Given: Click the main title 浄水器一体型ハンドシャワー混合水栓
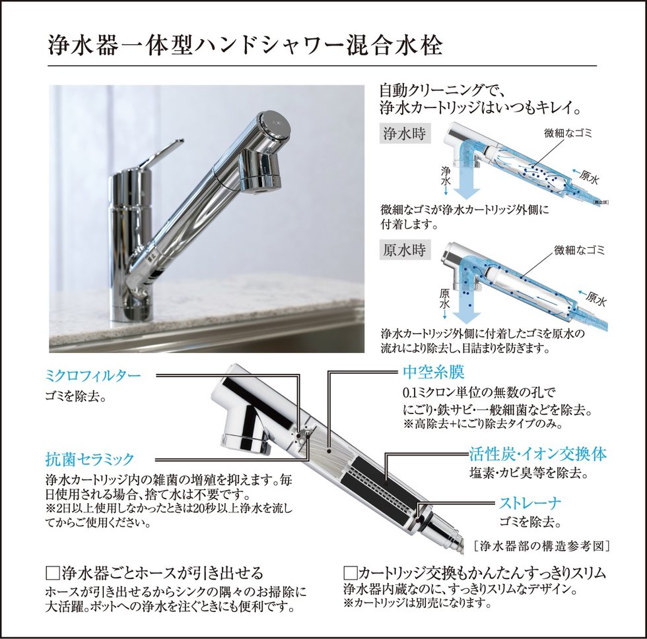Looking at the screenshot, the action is pos(245,46).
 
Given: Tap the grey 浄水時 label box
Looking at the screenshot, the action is pos(405,134).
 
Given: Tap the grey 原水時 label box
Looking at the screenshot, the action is pos(405,250).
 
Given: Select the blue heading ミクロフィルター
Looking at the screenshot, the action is pos(93,376).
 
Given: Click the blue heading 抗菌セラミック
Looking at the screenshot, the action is pos(90,459).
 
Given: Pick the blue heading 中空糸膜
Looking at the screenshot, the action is pos(434,373).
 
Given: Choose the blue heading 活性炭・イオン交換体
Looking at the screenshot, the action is pos(537,454).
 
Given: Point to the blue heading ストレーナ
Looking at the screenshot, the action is pos(530,503).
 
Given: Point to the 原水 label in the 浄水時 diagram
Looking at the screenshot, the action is pos(589,177).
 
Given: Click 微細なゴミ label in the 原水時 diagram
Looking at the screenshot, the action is pos(580,250).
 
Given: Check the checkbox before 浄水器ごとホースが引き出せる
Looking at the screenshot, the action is pos(52,574).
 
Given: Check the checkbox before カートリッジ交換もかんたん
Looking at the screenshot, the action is pos(350,574).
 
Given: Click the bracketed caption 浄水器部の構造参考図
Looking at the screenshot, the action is pos(542,546).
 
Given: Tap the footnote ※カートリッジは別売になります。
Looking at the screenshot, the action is pos(417,603).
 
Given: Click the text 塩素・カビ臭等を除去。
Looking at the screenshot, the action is pos(529,473).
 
